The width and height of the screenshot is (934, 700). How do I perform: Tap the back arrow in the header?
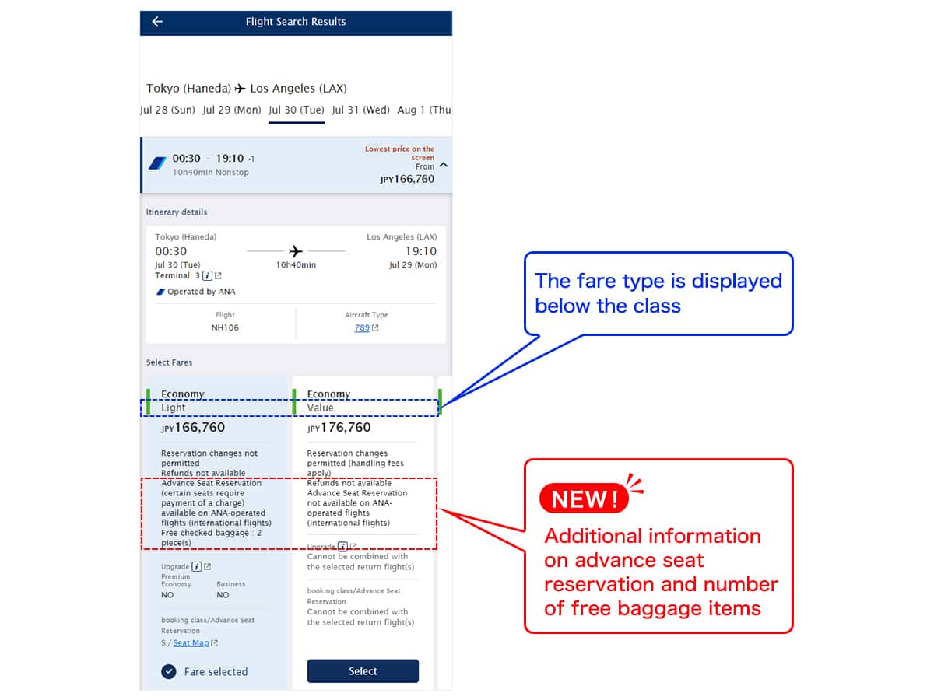(157, 22)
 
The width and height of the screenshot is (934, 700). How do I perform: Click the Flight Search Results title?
(296, 22)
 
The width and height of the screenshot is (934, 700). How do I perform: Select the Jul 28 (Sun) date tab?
(168, 110)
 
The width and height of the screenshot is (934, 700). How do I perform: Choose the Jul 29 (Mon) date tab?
(232, 110)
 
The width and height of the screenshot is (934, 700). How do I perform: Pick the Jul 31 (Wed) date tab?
(360, 110)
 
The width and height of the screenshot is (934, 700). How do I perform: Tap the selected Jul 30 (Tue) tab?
(297, 110)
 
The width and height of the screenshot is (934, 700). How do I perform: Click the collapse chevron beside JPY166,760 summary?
(444, 165)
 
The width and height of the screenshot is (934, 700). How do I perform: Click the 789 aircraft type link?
(362, 327)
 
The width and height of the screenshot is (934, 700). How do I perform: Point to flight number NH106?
(225, 327)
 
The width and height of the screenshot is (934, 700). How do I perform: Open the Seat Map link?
(191, 643)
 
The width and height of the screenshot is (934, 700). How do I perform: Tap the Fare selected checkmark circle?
(169, 672)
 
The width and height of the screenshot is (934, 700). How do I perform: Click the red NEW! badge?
(584, 499)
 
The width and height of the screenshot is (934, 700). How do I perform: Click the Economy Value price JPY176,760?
(339, 428)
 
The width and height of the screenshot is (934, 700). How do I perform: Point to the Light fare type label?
(174, 408)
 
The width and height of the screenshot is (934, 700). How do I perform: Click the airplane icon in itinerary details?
(296, 251)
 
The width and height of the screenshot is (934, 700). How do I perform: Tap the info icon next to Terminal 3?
(207, 275)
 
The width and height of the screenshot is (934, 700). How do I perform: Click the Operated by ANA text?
(201, 292)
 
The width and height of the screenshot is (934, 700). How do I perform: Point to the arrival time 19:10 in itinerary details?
(420, 251)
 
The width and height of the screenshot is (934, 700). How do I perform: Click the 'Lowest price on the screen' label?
(400, 152)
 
